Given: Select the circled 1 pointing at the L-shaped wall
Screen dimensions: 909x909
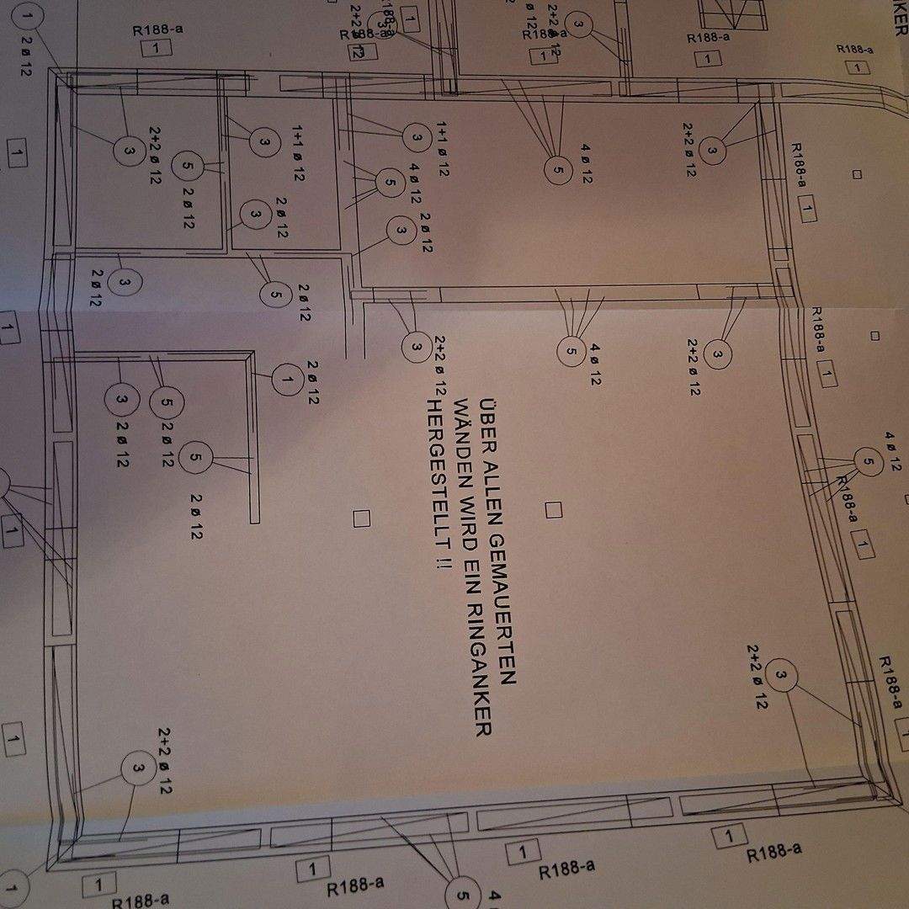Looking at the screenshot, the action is coord(287,380).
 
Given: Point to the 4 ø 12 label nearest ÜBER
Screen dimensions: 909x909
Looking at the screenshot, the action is coord(595,364).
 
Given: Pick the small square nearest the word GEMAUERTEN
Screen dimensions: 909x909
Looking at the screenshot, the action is coord(553,509).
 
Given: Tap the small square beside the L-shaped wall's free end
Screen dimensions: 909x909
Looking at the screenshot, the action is coord(362,518).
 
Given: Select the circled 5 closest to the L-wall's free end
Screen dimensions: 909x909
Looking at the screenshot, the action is coord(195,458).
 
